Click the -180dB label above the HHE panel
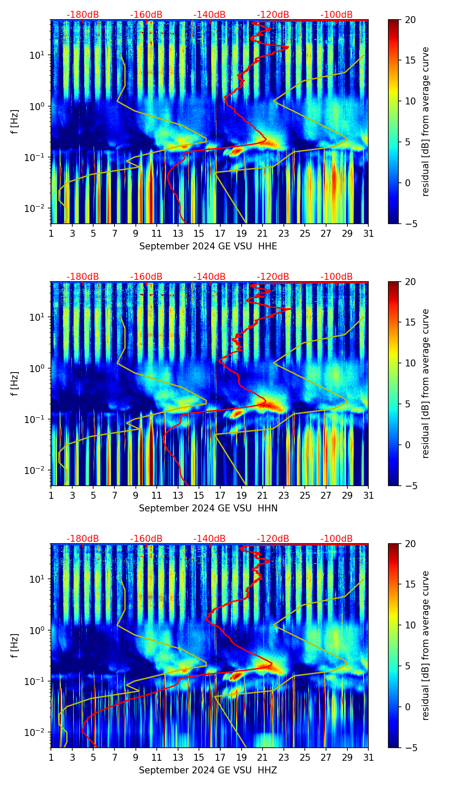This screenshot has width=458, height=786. click(x=83, y=15)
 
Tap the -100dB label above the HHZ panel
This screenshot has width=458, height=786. click(x=337, y=539)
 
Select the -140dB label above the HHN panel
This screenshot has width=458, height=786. click(x=209, y=277)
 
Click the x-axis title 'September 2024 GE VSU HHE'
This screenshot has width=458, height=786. click(x=208, y=246)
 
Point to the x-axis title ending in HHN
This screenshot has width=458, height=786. click(x=208, y=508)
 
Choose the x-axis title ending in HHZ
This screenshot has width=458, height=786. click(x=208, y=770)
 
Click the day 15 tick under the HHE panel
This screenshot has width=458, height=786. click(x=199, y=233)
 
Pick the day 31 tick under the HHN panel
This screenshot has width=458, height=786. click(x=368, y=495)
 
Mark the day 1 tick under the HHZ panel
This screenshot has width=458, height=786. click(x=51, y=757)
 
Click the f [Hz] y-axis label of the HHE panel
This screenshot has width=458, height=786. click(x=15, y=122)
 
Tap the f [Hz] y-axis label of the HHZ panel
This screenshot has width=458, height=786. click(x=15, y=646)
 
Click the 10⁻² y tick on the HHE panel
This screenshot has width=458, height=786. click(x=39, y=208)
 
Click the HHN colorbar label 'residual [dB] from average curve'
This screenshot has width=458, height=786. click(x=426, y=383)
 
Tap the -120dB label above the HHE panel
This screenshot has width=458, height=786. click(x=273, y=15)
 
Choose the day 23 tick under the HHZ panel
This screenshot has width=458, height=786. click(x=284, y=757)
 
